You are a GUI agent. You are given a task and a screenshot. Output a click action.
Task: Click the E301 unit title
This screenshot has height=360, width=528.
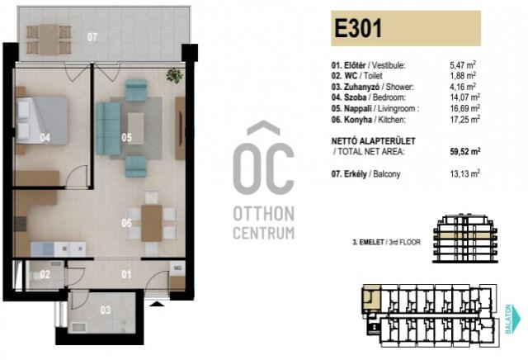358,29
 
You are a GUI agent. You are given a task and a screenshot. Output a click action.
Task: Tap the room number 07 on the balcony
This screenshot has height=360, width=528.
92,36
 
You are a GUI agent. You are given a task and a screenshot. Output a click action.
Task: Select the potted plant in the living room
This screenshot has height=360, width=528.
174,75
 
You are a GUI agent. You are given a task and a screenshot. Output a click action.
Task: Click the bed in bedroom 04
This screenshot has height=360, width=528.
42,121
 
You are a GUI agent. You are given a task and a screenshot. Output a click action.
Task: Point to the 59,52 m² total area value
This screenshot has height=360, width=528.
465,151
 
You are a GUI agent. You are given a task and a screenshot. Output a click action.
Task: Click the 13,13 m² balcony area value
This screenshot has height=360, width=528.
465,173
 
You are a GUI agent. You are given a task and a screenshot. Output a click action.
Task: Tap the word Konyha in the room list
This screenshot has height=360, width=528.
357,120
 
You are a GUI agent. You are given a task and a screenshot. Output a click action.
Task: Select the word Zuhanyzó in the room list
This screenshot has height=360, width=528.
361,87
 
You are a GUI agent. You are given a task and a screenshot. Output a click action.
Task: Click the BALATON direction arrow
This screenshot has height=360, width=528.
512,319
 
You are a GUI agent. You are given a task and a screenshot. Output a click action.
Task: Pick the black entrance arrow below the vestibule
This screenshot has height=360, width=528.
158,304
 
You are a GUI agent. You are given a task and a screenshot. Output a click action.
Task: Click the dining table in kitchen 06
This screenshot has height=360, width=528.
152,223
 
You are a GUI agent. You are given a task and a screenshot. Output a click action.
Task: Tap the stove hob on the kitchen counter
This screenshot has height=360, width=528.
21,224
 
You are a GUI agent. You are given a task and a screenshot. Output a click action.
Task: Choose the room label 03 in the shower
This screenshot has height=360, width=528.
106,310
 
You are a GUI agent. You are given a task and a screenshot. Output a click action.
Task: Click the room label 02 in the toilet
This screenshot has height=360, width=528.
45,275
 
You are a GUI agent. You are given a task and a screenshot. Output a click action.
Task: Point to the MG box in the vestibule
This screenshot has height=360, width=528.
177,269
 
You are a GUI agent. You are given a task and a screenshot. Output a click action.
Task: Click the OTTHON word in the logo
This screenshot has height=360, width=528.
264,214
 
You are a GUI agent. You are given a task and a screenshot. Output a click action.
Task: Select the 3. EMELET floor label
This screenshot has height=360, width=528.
368,242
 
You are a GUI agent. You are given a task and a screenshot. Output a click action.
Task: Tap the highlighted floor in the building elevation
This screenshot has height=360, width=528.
465,235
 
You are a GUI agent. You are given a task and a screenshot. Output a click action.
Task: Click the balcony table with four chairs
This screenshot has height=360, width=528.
49,40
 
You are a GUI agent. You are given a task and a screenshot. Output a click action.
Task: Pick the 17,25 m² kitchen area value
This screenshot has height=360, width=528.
465,120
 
